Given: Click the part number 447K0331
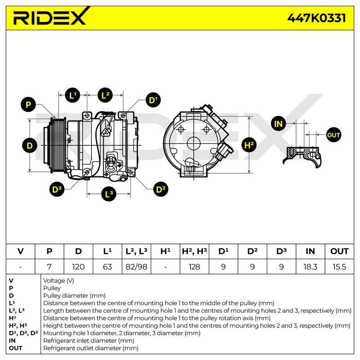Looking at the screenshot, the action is [x=317, y=18].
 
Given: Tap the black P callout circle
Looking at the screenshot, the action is [x=28, y=104].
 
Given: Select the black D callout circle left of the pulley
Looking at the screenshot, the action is [x=30, y=145].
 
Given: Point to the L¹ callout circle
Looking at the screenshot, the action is [x=73, y=95].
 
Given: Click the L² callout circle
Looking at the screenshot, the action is [x=105, y=95].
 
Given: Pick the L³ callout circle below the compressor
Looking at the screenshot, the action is [x=108, y=194].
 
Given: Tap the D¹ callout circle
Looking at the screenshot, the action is [x=153, y=100].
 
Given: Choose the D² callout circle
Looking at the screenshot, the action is [x=161, y=189].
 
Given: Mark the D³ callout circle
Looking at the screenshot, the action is [x=57, y=189].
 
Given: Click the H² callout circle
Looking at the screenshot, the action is [x=249, y=145].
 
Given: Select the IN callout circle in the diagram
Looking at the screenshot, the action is [x=278, y=124].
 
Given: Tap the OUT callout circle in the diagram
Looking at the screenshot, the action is [x=333, y=135].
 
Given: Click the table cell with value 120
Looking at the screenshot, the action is [x=78, y=267].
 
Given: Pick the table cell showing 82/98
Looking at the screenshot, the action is [x=136, y=267].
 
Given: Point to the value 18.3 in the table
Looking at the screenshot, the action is [x=310, y=267].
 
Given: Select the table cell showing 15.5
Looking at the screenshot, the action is [x=339, y=267].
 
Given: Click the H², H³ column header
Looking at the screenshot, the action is [x=194, y=252].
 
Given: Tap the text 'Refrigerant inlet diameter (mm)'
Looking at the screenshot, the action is [x=89, y=341].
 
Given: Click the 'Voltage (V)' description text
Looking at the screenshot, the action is [x=58, y=281].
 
